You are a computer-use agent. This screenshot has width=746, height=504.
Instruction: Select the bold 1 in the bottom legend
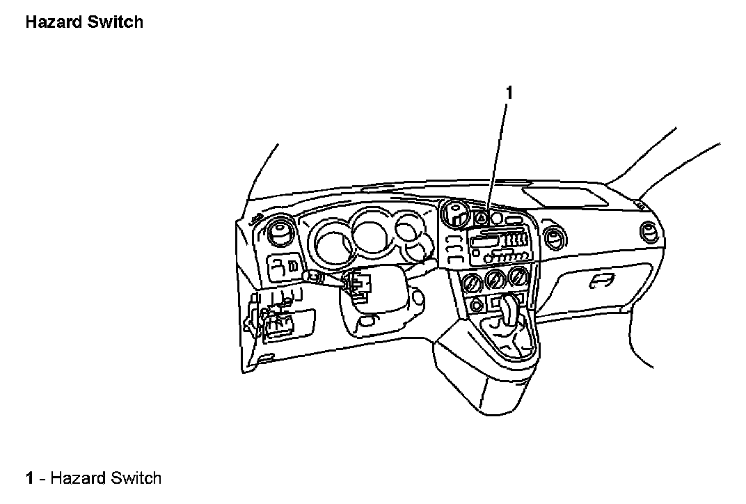coord(30,478)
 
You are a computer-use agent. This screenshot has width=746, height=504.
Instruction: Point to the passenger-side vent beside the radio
coord(555,237)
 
